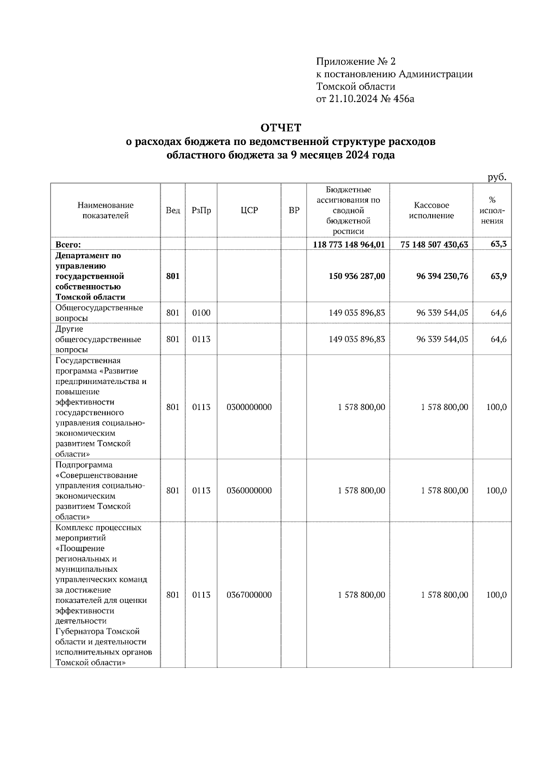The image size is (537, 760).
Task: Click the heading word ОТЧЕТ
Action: (x=281, y=128)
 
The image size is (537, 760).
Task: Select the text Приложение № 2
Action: (x=356, y=61)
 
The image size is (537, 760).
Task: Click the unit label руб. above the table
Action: (x=497, y=177)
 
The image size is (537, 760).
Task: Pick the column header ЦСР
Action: (x=249, y=210)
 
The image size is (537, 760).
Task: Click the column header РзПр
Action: (x=201, y=210)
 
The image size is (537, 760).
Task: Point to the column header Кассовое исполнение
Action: (x=431, y=210)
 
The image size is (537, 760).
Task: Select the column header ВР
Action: (x=294, y=210)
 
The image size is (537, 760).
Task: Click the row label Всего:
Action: (x=68, y=244)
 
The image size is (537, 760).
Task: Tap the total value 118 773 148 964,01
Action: (x=349, y=244)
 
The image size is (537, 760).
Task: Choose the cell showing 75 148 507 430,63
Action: (x=432, y=244)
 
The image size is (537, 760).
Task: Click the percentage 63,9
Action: (x=499, y=276)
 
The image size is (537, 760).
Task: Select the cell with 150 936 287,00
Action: (x=357, y=276)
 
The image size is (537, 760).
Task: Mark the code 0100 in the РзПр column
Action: (x=201, y=313)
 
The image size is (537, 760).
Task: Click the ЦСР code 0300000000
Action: (x=249, y=407)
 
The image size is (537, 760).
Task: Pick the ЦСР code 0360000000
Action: (x=249, y=491)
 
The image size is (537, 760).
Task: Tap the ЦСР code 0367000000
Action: (x=249, y=595)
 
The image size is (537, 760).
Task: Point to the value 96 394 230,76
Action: (x=442, y=276)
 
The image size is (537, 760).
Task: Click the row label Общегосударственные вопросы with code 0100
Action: (x=99, y=313)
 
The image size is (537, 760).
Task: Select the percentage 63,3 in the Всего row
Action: (x=499, y=244)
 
